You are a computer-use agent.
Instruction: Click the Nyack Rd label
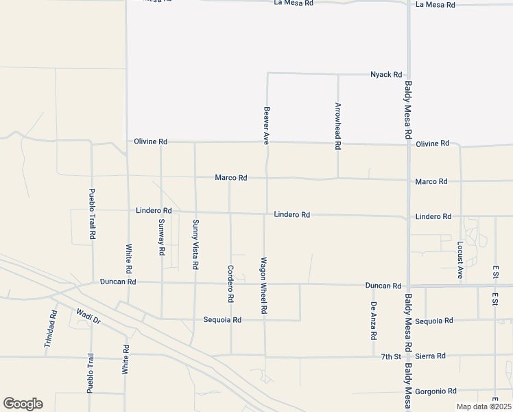[385, 74]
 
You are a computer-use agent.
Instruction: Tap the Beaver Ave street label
[266, 124]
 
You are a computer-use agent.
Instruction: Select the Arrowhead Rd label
[337, 126]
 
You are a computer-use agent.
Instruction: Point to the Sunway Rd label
[162, 237]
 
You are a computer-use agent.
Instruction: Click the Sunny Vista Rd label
[195, 244]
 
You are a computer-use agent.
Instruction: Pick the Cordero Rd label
[230, 284]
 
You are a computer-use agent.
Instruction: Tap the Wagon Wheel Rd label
[263, 285]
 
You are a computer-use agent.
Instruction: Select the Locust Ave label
[460, 260]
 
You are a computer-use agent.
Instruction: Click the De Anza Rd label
[374, 321]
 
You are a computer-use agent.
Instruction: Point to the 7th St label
[391, 356]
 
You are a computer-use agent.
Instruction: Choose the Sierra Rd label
[431, 356]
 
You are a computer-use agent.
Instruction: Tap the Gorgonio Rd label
[436, 391]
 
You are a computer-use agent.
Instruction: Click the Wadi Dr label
[88, 315]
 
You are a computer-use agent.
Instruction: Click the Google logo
[23, 404]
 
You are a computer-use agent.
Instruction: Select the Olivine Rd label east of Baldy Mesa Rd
[432, 144]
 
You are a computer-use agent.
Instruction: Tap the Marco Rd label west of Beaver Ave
[230, 178]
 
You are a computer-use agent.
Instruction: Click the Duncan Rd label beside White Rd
[117, 282]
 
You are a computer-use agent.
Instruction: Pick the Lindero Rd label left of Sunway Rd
[154, 210]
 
